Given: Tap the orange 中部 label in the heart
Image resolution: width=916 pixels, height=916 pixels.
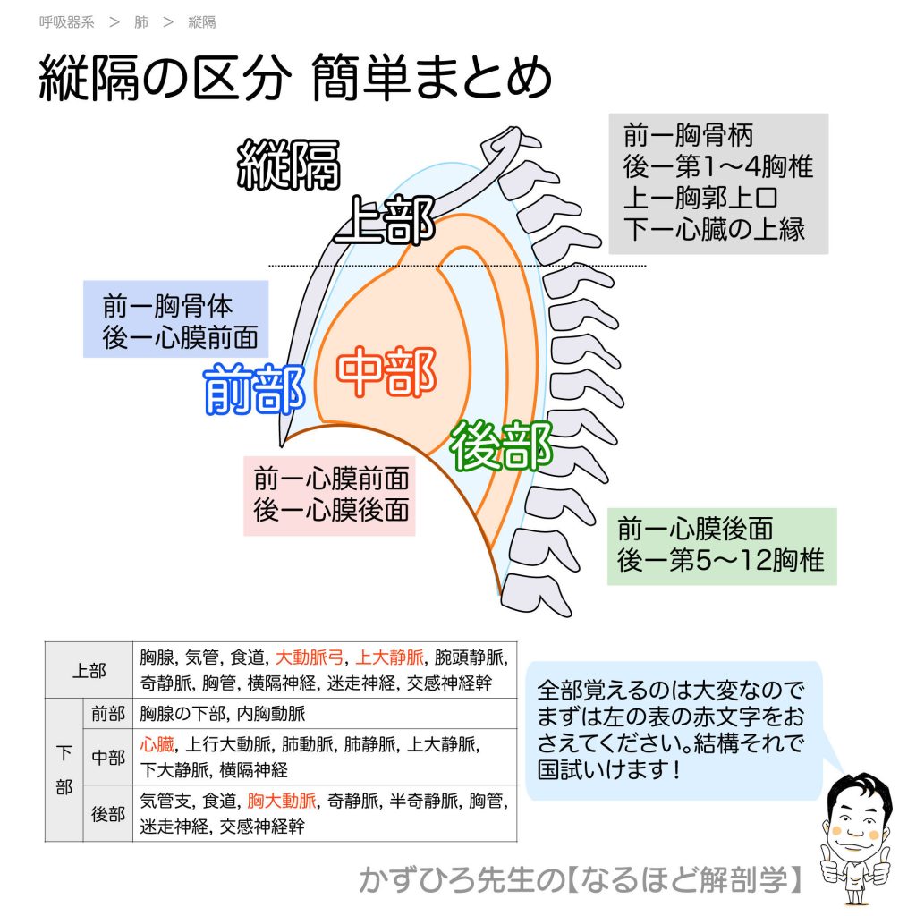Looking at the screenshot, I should (x=386, y=373).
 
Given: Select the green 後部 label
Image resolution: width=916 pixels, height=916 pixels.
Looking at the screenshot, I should (x=501, y=446).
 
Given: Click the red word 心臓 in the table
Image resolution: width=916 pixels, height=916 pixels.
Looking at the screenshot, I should (x=157, y=744).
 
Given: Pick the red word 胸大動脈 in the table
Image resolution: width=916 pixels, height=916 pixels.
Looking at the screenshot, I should (x=282, y=801).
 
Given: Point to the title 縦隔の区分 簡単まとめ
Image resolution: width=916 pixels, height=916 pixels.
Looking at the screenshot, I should (x=295, y=81).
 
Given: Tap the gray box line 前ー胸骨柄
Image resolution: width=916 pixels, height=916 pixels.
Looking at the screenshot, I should (x=689, y=136).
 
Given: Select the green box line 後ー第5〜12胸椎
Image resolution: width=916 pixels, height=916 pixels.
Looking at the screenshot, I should (x=720, y=562).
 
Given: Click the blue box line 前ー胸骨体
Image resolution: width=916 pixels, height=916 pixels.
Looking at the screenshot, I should (x=167, y=306).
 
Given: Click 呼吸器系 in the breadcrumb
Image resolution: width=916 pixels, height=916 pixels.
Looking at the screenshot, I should (x=66, y=22).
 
